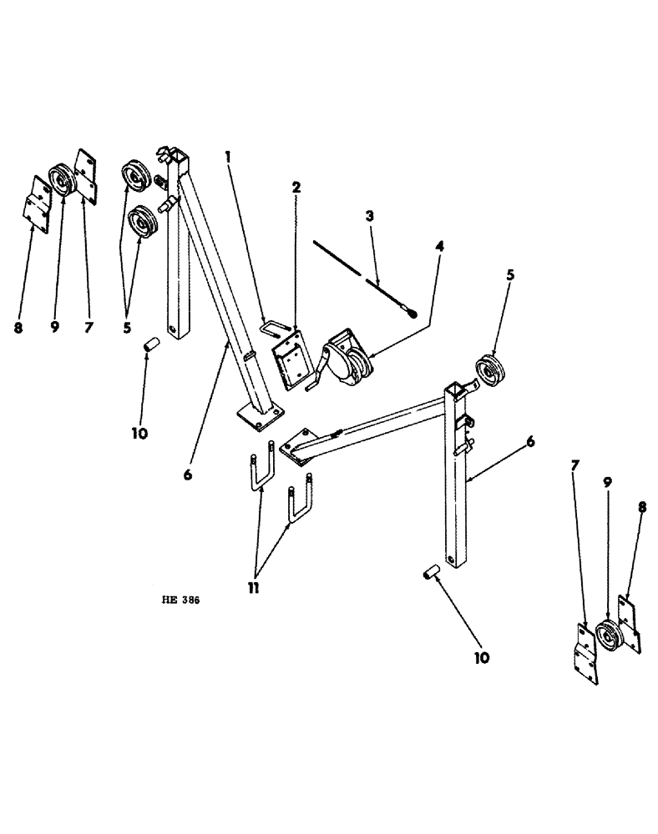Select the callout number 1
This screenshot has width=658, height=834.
tap(227, 156)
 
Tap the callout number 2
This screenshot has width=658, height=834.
tap(296, 187)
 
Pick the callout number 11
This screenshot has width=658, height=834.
tap(253, 587)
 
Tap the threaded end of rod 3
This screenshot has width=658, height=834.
tap(409, 314)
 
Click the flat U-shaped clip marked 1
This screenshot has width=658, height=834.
tap(275, 324)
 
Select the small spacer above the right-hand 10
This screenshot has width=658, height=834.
tap(431, 575)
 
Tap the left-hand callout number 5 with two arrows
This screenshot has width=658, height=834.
tap(127, 328)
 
